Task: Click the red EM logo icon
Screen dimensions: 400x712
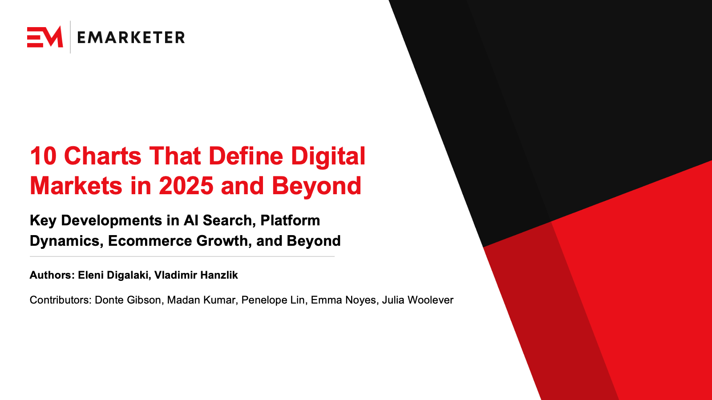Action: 44,37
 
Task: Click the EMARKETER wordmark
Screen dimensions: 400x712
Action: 131,37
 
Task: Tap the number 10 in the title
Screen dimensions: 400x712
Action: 43,156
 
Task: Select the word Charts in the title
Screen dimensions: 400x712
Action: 103,156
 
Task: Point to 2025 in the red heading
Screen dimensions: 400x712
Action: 186,186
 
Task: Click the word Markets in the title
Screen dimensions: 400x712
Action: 76,186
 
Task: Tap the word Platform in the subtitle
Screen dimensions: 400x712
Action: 290,220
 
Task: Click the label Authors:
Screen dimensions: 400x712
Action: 52,275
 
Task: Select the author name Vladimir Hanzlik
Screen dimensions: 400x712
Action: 196,275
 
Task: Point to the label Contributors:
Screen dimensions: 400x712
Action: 60,300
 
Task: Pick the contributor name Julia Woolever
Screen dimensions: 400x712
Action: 417,300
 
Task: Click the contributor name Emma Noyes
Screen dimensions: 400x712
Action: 343,300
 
